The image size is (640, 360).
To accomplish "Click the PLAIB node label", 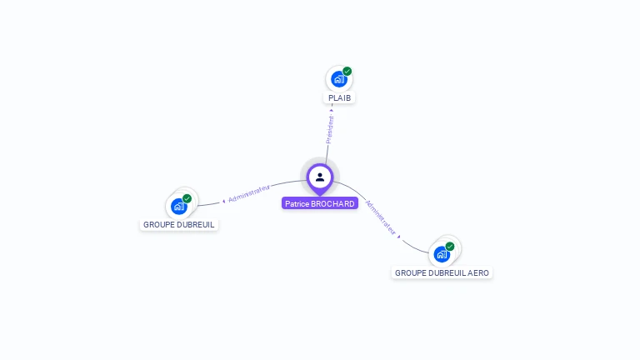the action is point(340,98).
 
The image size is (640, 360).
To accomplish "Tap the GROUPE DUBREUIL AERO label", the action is point(442,272).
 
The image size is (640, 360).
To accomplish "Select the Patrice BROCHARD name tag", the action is point(320,203).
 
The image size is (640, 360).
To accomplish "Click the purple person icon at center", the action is point(320,177).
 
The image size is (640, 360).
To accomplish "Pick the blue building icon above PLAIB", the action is point(337,79).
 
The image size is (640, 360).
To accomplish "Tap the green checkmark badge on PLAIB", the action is point(347,72).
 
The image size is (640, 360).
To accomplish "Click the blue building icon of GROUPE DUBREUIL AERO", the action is point(441,254).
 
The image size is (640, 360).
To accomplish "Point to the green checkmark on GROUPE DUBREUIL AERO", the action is point(450,247).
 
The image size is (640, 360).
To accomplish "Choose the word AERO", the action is point(479,272).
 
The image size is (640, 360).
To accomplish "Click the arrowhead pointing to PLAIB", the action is point(332,109).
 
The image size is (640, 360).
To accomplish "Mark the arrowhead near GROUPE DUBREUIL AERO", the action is point(399,237).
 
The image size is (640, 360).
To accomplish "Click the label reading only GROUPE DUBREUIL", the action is point(179,224).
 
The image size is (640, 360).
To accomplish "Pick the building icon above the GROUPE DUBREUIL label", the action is point(177,206).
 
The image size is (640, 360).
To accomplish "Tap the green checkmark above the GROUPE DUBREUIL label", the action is point(187,198).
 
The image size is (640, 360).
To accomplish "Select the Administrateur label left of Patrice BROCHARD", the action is point(249,193).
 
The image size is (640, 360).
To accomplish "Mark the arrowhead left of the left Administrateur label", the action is point(223,200).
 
